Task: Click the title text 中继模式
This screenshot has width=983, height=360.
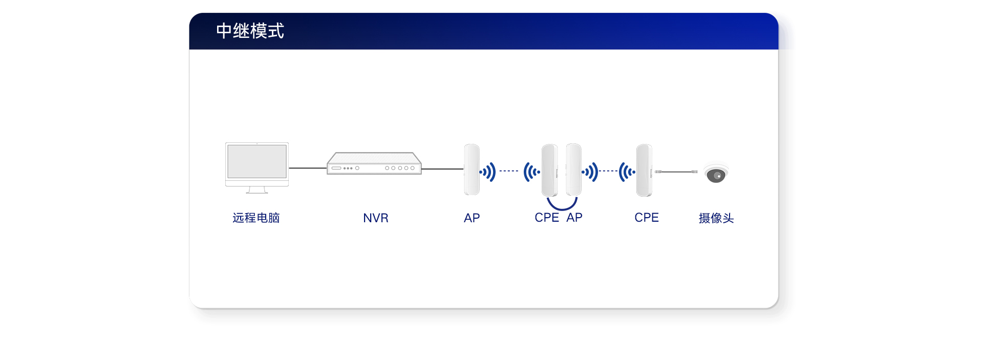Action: [x=250, y=31]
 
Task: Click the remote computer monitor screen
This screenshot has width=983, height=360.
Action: [x=257, y=161]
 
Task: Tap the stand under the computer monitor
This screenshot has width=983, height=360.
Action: [x=257, y=190]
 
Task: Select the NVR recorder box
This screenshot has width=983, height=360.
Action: [x=374, y=163]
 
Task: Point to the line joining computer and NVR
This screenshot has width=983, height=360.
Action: [x=308, y=168]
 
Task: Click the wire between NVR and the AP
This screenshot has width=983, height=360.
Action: [x=443, y=168]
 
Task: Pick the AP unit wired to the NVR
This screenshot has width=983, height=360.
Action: [x=472, y=170]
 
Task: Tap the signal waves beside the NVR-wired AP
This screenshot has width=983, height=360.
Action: [x=488, y=172]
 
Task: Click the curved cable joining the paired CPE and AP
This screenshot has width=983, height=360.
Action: [x=562, y=203]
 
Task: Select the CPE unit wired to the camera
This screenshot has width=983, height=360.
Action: [x=644, y=170]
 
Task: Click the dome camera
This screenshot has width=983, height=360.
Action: [x=716, y=173]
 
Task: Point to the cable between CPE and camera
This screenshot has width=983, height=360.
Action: [x=676, y=172]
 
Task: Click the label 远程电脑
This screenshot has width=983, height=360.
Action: [x=256, y=218]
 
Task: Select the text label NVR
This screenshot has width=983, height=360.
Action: [x=376, y=218]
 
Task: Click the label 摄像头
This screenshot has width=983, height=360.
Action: [x=716, y=218]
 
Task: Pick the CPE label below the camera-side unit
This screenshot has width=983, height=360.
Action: [x=647, y=218]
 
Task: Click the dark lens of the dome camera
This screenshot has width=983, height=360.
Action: [x=716, y=176]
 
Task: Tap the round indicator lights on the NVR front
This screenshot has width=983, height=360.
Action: [x=400, y=168]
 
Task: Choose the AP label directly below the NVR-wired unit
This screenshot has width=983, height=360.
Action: [x=472, y=218]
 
